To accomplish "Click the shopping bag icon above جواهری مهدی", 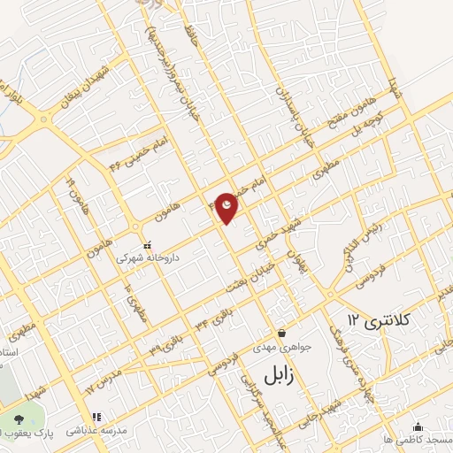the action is (281, 333).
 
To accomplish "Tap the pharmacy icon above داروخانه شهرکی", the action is (147, 245).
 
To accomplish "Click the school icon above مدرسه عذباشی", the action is (96, 417).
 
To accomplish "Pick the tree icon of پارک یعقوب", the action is (19, 417).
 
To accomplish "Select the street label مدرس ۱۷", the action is (102, 382).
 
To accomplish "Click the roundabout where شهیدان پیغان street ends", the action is (41, 120).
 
